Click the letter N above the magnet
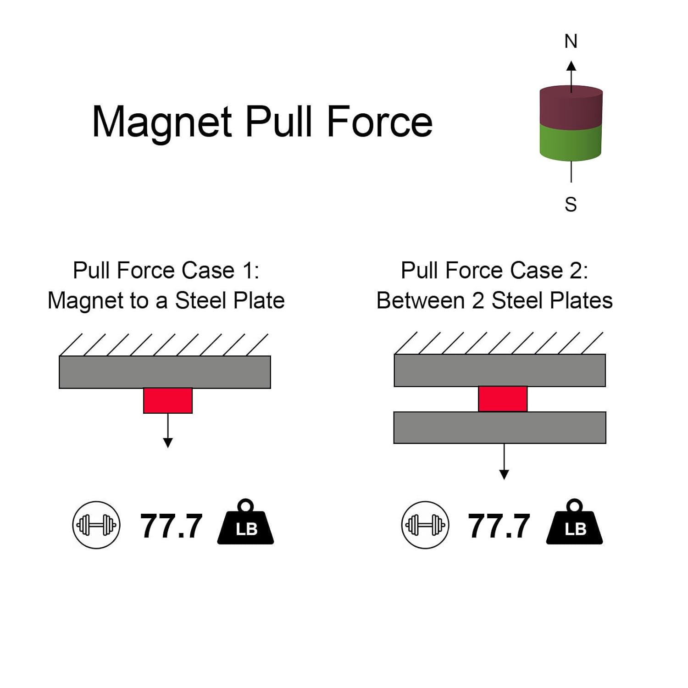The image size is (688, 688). [x=571, y=42]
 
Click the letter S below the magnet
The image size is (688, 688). [x=571, y=205]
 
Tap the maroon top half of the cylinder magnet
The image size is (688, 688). [x=571, y=108]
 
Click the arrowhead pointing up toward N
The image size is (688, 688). [x=571, y=66]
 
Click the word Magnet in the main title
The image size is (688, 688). [x=162, y=122]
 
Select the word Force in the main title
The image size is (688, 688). [x=379, y=122]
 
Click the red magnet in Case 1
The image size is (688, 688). [x=168, y=400]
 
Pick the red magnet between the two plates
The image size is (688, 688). [x=503, y=399]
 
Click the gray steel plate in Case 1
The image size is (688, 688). [x=165, y=372]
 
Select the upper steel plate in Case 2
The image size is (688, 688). [x=500, y=370]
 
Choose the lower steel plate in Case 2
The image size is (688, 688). [x=500, y=427]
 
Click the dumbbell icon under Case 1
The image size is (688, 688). [x=96, y=525]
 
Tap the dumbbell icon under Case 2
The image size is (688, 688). [x=425, y=525]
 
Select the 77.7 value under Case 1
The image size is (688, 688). [x=171, y=526]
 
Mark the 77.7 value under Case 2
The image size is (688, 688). [x=499, y=526]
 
